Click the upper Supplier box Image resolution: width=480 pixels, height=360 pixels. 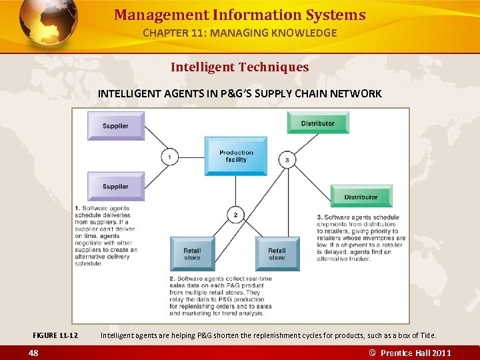click(116, 126)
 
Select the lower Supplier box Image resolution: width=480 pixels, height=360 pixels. click(116, 186)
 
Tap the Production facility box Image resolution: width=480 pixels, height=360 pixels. click(236, 156)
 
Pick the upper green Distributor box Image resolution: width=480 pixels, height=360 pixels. click(318, 123)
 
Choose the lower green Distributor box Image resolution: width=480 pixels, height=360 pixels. click(361, 197)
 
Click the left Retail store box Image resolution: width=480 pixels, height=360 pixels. click(192, 254)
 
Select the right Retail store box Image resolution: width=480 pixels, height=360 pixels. click(277, 254)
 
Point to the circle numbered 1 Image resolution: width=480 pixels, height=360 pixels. click(170, 157)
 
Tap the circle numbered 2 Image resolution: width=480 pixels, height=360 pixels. click(235, 215)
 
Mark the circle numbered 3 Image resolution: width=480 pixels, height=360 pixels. click(287, 159)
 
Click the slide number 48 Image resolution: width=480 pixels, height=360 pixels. click(33, 353)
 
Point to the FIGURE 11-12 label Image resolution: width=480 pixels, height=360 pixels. click(55, 335)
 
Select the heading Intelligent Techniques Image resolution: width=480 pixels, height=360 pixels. click(240, 67)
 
